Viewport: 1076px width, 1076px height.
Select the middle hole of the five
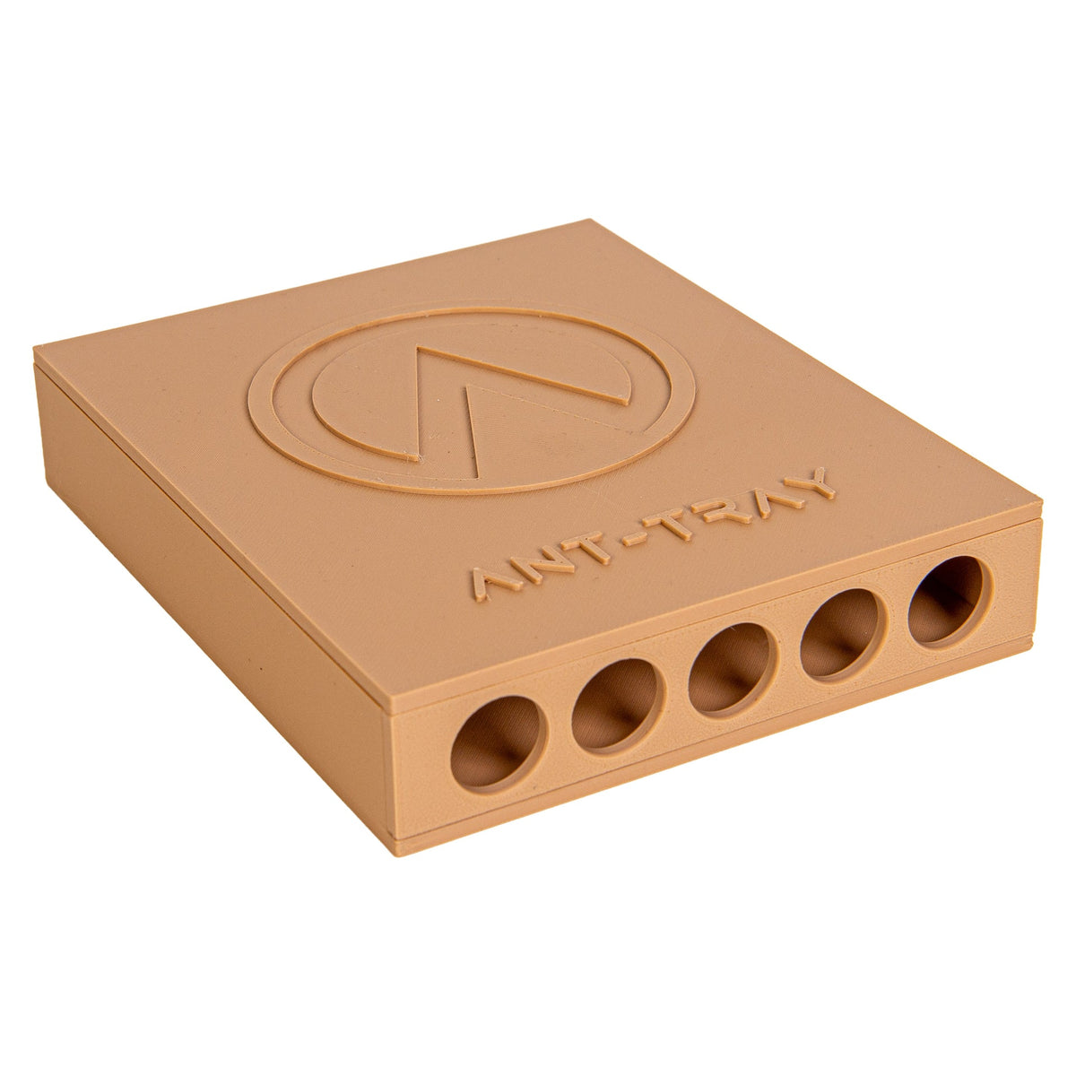pos(733,670)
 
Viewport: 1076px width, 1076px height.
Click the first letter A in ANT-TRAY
pos(491,585)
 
